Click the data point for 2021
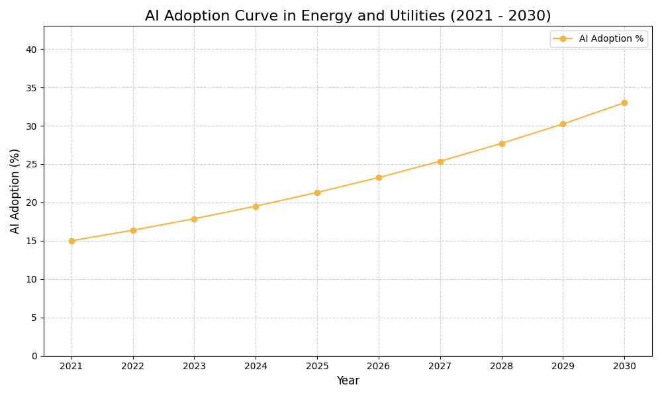tap(71, 241)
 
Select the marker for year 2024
tap(256, 206)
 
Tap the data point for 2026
tap(379, 177)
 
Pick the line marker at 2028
tap(502, 144)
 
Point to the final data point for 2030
tap(624, 103)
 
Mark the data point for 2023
tap(194, 219)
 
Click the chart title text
tap(348, 16)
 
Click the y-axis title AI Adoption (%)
tap(15, 191)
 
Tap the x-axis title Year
tap(348, 381)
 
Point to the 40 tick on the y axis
tap(32, 50)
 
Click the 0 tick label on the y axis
tap(34, 356)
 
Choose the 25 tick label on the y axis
tap(32, 165)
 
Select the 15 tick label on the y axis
tap(32, 242)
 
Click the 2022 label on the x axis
tap(133, 366)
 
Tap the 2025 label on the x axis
tap(317, 366)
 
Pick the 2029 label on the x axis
tap(563, 366)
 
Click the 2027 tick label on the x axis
tap(440, 366)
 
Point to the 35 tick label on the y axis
tap(32, 88)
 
